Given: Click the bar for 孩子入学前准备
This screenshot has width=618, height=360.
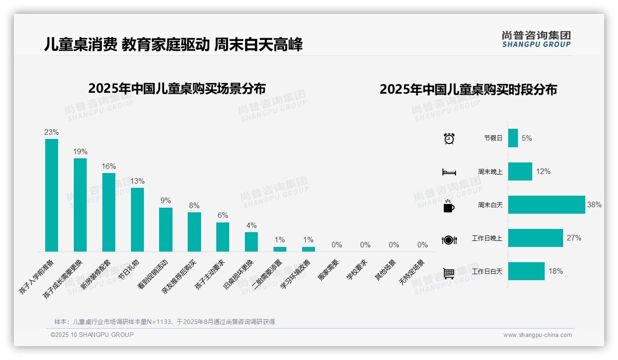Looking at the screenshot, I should point(52,195).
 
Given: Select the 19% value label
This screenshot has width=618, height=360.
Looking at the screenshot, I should point(80,152).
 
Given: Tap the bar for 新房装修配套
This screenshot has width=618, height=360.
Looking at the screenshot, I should point(109,212).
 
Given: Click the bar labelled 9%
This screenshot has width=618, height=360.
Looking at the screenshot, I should point(166,229).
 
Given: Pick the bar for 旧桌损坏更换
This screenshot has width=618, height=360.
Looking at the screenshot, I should point(251,241).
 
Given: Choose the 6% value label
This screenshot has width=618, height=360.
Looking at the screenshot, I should point(223,216).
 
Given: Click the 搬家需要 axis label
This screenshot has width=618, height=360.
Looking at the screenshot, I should point(328,270).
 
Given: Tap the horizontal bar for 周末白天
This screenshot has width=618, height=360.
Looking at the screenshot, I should point(547,204).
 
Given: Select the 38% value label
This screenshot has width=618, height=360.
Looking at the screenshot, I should point(594,204).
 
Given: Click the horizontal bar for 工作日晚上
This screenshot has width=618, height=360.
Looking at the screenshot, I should point(535,238).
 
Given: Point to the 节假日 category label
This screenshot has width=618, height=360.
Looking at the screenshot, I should point(493,138).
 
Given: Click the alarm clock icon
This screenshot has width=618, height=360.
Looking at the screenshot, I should point(449,138).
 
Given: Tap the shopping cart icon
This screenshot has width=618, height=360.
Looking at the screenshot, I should point(449,273).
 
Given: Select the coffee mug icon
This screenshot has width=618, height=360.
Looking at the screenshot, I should point(449,206).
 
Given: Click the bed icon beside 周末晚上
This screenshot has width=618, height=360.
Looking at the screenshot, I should point(449,172).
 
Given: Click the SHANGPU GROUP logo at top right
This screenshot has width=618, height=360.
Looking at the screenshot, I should point(536,39).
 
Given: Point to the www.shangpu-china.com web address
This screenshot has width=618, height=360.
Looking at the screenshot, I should point(537,335).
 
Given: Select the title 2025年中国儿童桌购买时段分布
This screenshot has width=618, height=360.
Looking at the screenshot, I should point(468,90).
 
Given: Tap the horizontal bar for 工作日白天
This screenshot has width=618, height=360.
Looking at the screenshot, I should point(526,271).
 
